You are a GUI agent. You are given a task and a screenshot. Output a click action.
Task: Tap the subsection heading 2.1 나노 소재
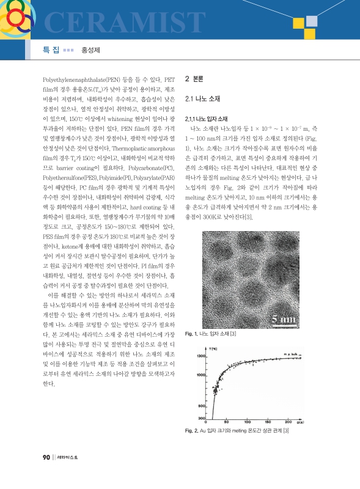[x=202, y=98]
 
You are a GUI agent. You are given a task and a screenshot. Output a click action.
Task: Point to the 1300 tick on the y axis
[x=199, y=356]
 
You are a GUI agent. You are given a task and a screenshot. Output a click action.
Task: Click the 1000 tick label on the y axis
[x=199, y=374]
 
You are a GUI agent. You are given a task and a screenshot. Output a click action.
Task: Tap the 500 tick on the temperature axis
[x=200, y=406]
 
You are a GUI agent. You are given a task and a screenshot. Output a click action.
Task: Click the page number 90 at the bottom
[x=46, y=474]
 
